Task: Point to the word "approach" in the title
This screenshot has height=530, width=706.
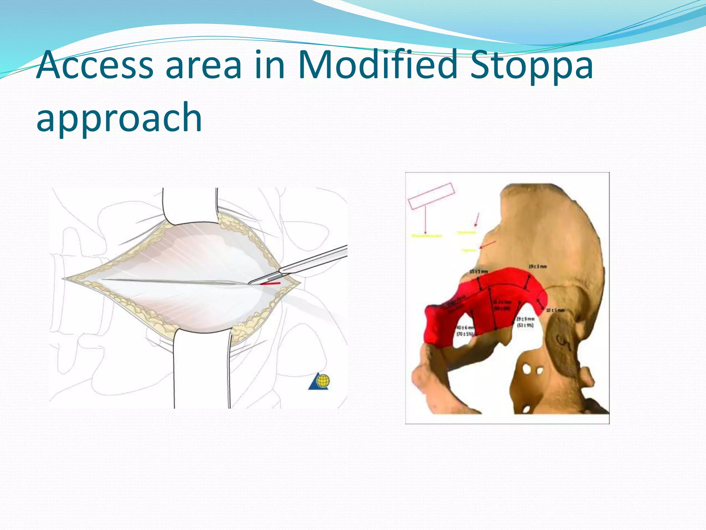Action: coord(119,117)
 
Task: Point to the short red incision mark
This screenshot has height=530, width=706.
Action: coord(270,284)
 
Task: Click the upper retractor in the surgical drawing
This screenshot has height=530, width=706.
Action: coord(190,205)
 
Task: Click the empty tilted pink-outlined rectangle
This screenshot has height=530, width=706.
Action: coord(431,196)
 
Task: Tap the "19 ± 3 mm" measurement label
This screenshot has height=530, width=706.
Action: coord(537,266)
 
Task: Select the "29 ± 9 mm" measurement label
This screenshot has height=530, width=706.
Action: coord(526,319)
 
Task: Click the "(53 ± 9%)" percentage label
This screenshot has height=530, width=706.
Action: coord(525,325)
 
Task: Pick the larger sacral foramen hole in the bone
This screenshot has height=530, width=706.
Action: coord(527,369)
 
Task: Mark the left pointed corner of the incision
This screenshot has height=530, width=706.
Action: coord(64,278)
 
